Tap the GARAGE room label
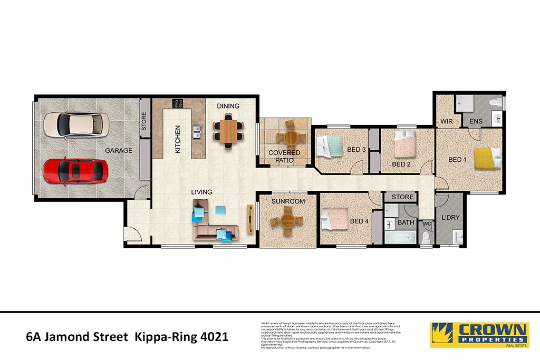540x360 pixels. pyautogui.click(x=119, y=151)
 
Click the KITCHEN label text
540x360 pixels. pyautogui.click(x=178, y=139)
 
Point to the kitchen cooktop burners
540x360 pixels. pyautogui.click(x=177, y=103)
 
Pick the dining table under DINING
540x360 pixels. pyautogui.click(x=228, y=132)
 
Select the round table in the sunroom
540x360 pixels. pyautogui.click(x=287, y=221)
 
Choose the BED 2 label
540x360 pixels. pyautogui.click(x=401, y=164)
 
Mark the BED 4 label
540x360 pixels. pyautogui.click(x=359, y=221)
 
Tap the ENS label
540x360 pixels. pyautogui.click(x=476, y=122)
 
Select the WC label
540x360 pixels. pyautogui.click(x=427, y=223)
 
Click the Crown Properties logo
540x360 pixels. pyautogui.click(x=479, y=335)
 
